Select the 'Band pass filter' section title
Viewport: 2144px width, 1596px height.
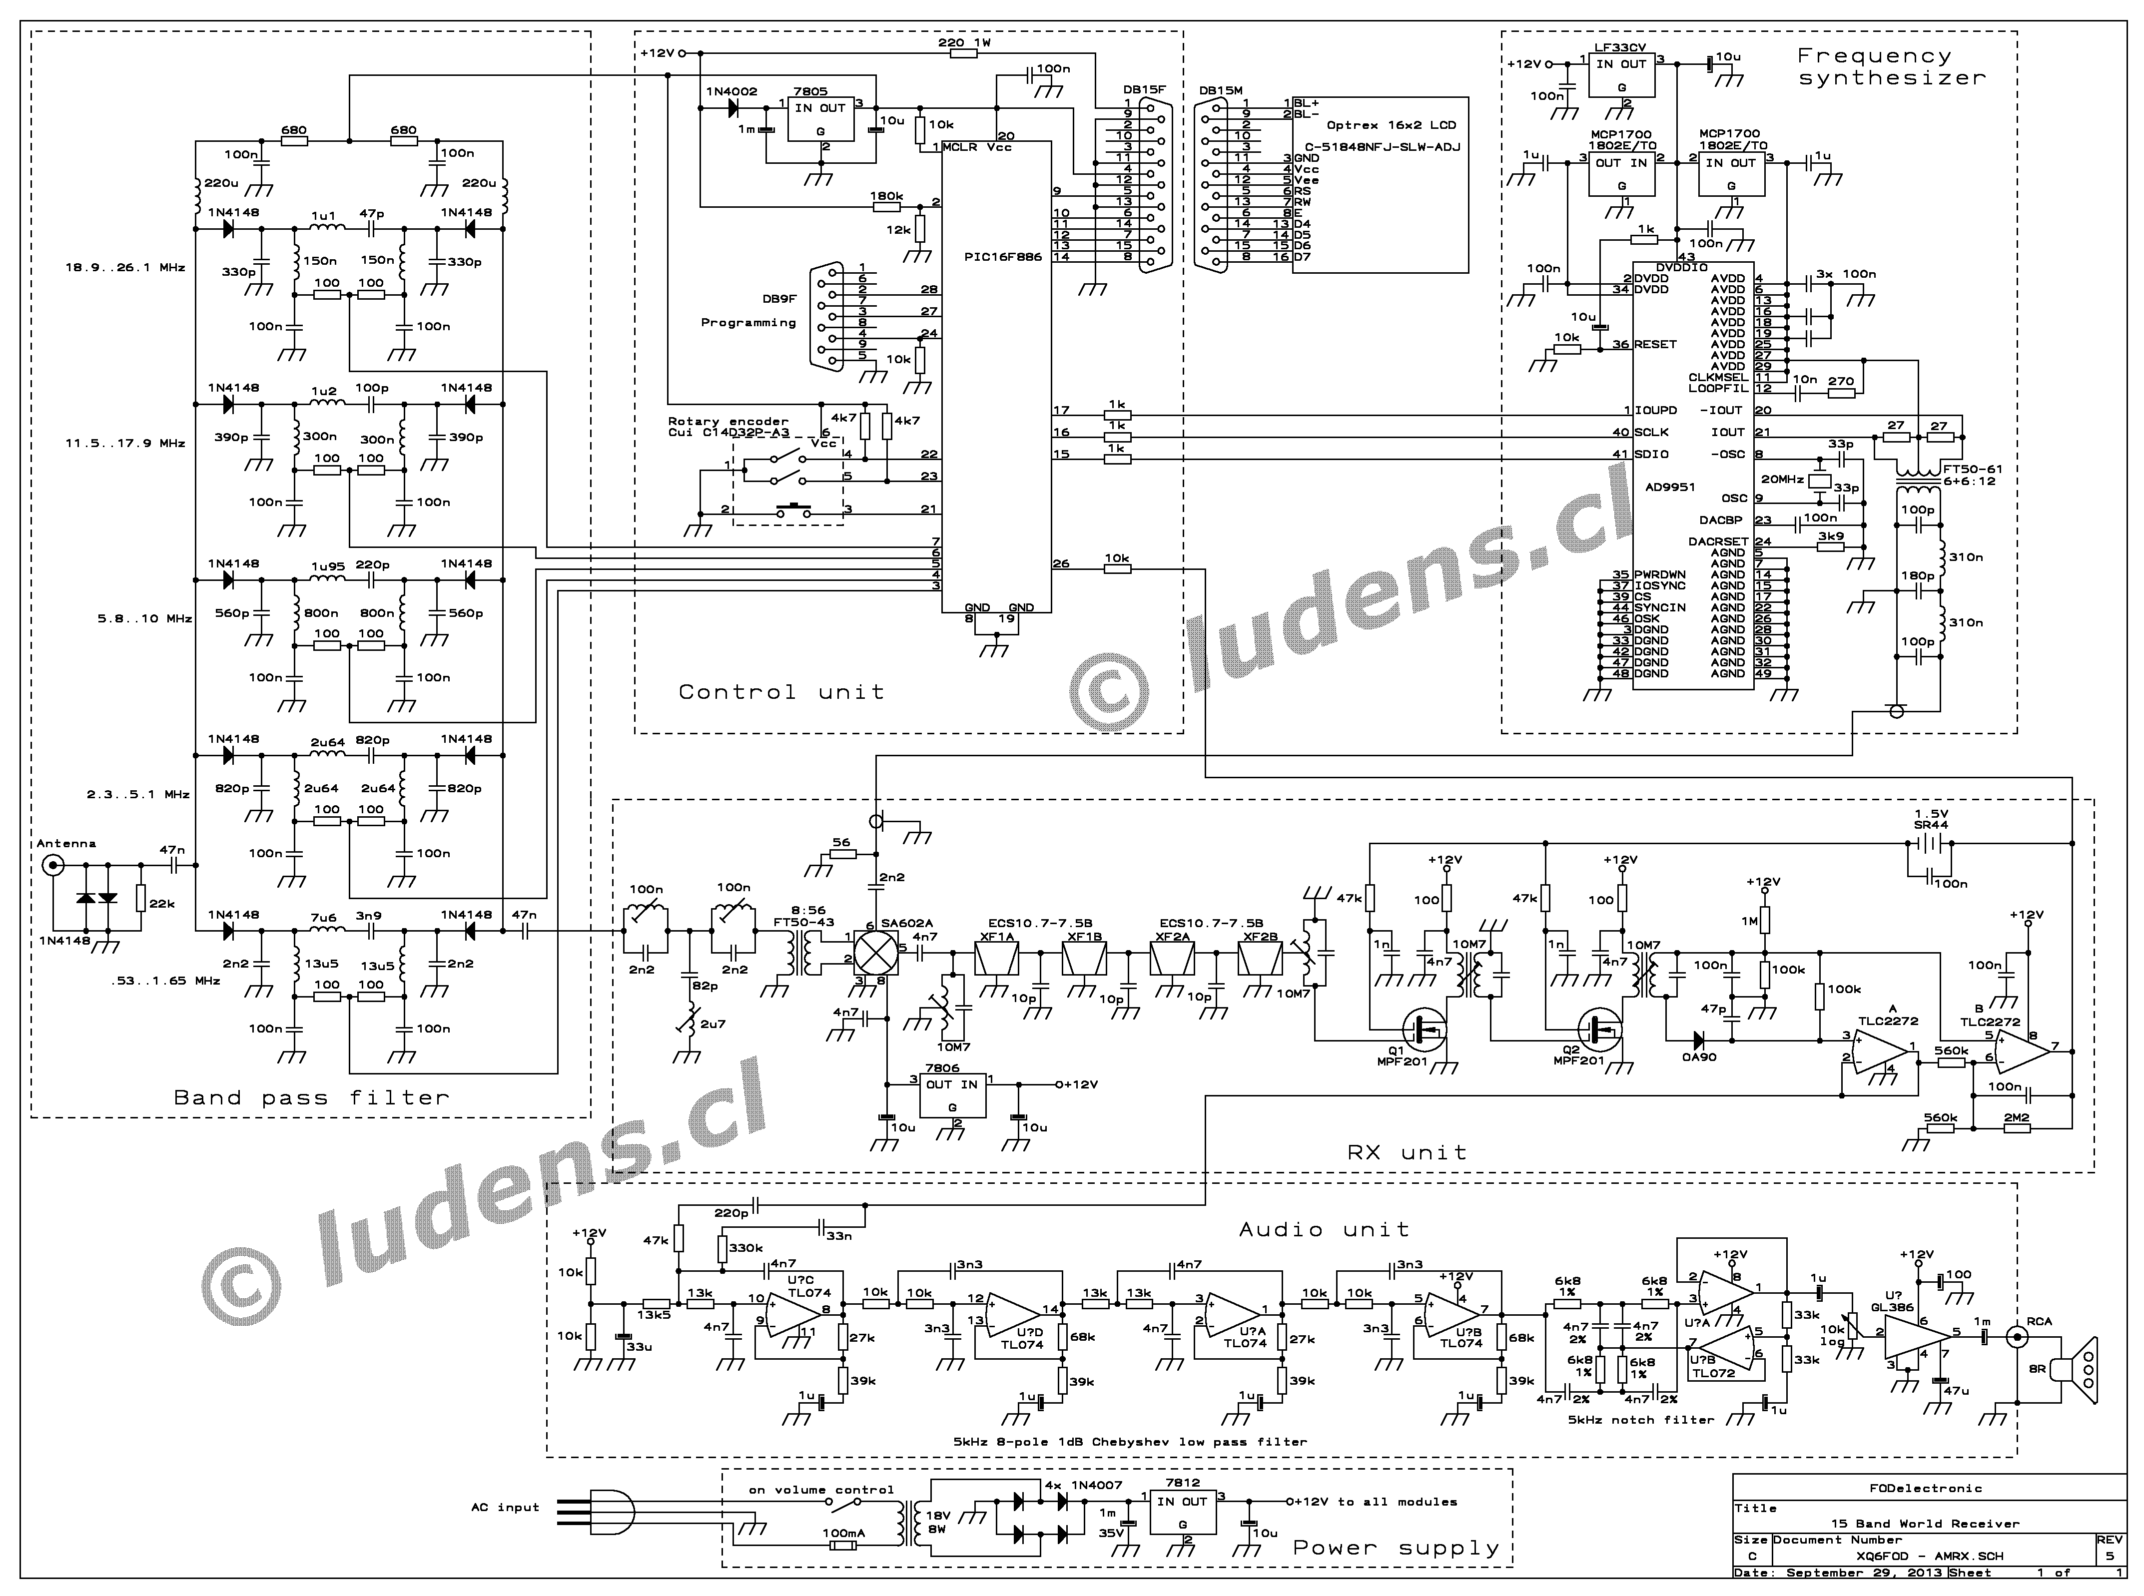pyautogui.click(x=311, y=1097)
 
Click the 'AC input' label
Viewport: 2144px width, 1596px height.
pyautogui.click(x=504, y=1507)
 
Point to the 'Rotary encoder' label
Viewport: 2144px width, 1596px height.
pyautogui.click(x=727, y=421)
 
